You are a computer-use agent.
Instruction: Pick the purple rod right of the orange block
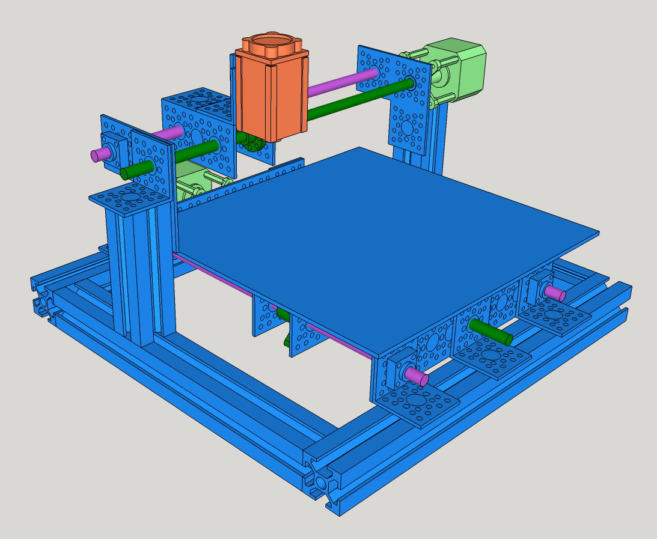(x=340, y=83)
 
